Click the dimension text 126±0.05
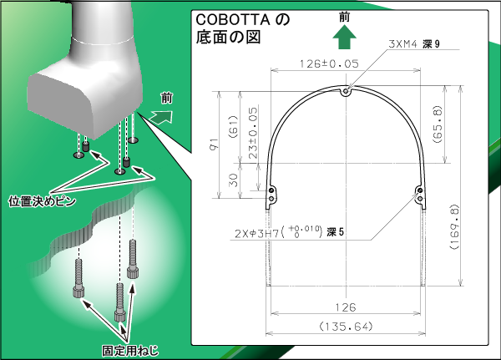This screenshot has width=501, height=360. coord(329,63)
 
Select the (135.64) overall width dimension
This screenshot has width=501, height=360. coord(346,327)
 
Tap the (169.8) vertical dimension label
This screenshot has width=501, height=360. coord(454,226)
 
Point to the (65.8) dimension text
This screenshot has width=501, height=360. coord(438,124)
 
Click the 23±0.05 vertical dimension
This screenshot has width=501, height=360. coord(252,133)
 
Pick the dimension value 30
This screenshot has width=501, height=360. coord(234,180)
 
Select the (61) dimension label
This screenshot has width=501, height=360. coord(233,127)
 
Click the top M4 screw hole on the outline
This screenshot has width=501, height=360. coord(346,92)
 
